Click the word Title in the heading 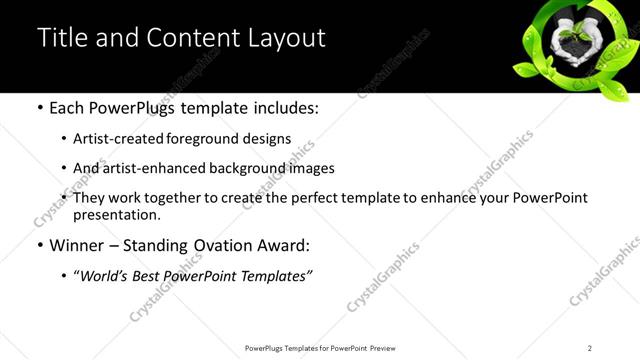point(60,38)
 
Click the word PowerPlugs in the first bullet point(134,108)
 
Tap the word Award point(289,245)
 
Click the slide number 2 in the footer point(590,348)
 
